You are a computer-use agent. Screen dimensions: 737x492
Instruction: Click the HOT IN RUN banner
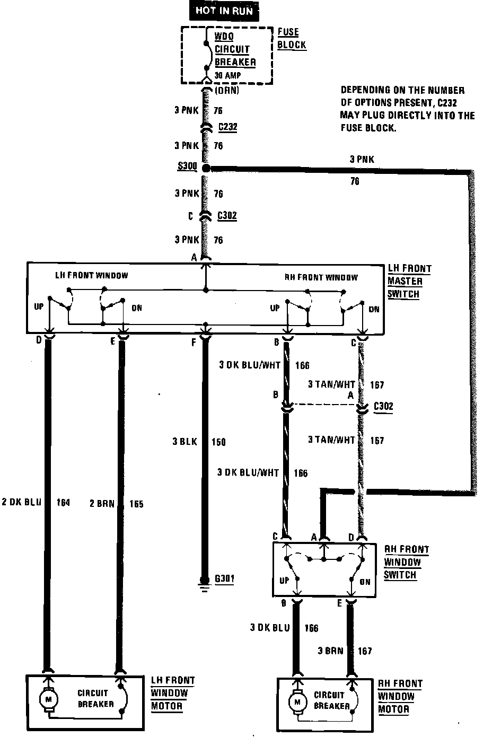224,10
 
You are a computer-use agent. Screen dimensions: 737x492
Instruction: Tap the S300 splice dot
206,168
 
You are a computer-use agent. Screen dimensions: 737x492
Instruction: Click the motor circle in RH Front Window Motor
296,703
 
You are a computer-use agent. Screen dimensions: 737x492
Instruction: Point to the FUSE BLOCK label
292,38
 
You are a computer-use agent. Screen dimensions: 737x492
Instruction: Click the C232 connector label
227,127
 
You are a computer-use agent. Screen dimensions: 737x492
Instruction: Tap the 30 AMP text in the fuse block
227,75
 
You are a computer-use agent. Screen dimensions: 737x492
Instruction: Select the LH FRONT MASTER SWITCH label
409,281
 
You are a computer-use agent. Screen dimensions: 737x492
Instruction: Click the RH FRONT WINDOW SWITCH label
406,562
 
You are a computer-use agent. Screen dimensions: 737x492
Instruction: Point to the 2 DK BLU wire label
21,503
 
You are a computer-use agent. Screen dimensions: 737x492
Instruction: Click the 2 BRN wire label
102,503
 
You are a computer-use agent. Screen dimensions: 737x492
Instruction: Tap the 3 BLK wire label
184,441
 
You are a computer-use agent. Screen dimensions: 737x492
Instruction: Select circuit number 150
218,442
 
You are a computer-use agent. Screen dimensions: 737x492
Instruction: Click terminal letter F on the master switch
194,343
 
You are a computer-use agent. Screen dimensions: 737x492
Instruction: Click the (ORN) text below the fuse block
227,91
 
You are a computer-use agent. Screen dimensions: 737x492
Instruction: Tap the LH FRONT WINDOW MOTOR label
173,693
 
